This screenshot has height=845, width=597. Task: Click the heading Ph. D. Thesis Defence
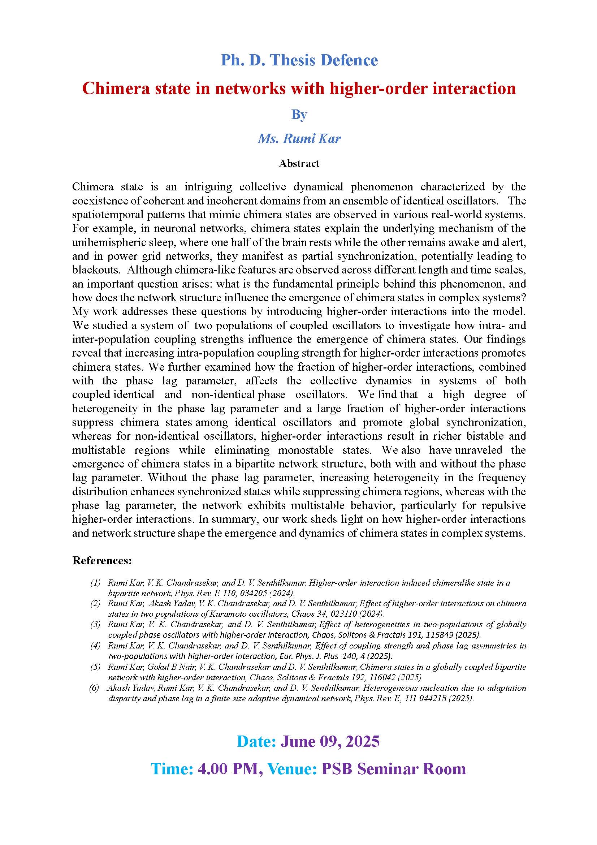click(299, 60)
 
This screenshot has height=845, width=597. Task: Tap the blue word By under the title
click(299, 115)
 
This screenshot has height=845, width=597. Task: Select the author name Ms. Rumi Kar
click(299, 138)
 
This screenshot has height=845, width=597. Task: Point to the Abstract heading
click(299, 163)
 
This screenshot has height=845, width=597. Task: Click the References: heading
click(102, 561)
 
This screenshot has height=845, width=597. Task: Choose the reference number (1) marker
click(95, 583)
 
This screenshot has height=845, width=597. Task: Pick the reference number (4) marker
click(95, 646)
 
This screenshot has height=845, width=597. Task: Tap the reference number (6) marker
click(94, 688)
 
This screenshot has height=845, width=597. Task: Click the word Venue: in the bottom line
click(292, 769)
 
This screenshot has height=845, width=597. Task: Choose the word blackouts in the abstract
click(95, 270)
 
